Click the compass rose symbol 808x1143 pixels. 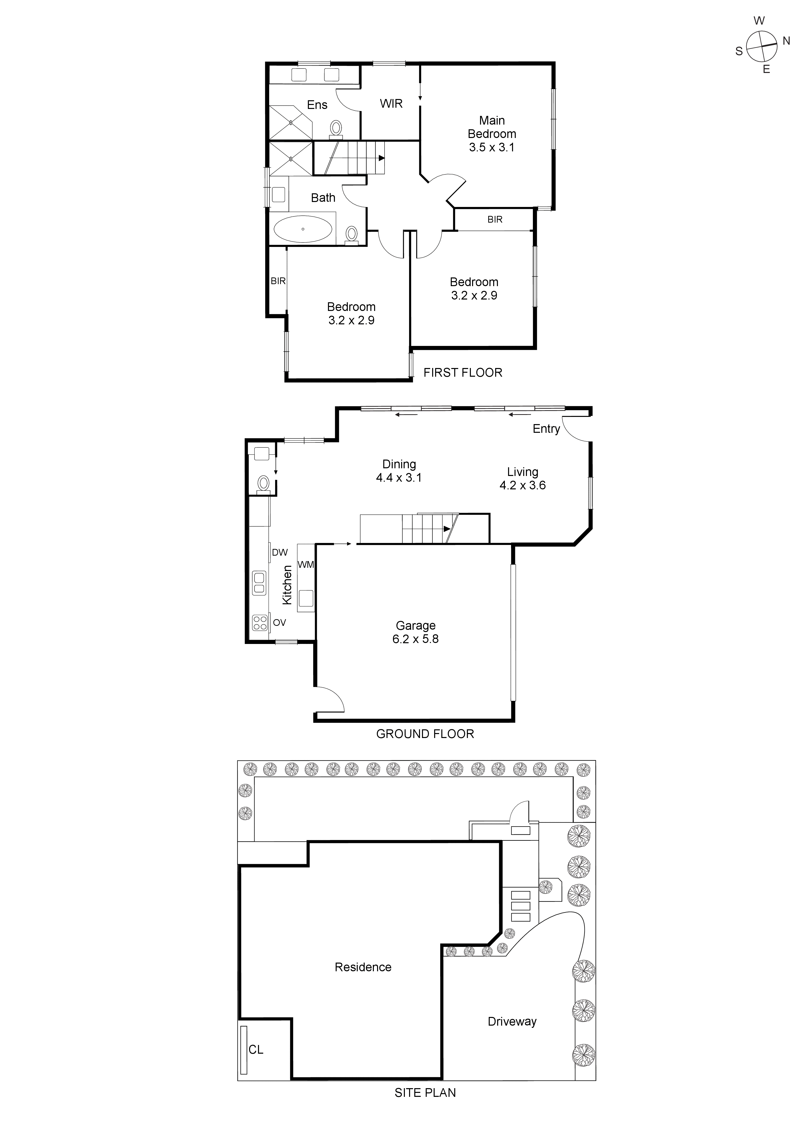pyautogui.click(x=762, y=45)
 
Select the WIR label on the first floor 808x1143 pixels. pyautogui.click(x=391, y=103)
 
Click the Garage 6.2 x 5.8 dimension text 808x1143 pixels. pyautogui.click(x=416, y=639)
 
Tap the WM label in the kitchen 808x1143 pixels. pyautogui.click(x=305, y=565)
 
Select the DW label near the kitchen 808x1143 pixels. pyautogui.click(x=280, y=552)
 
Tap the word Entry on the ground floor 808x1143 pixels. pyautogui.click(x=546, y=429)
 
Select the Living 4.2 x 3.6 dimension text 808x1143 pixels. pyautogui.click(x=522, y=485)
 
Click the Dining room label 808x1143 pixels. pyautogui.click(x=399, y=465)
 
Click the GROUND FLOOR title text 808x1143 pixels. pyautogui.click(x=425, y=734)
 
